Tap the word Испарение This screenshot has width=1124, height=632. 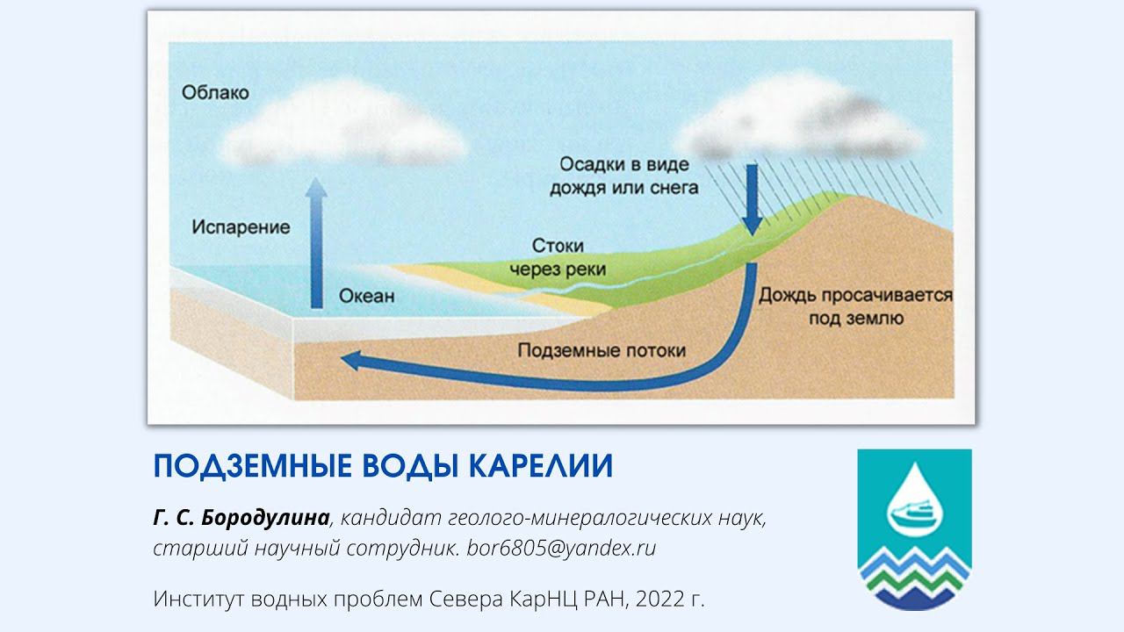pyautogui.click(x=240, y=227)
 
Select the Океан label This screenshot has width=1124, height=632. pyautogui.click(x=366, y=296)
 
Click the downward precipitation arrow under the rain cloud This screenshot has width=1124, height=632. pyautogui.click(x=751, y=197)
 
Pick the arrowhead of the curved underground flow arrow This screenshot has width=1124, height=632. pyautogui.click(x=351, y=360)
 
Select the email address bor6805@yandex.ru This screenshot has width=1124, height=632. pyautogui.click(x=561, y=548)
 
